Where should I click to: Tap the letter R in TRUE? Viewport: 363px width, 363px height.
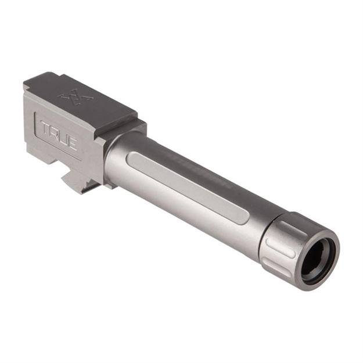point(55,132)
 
